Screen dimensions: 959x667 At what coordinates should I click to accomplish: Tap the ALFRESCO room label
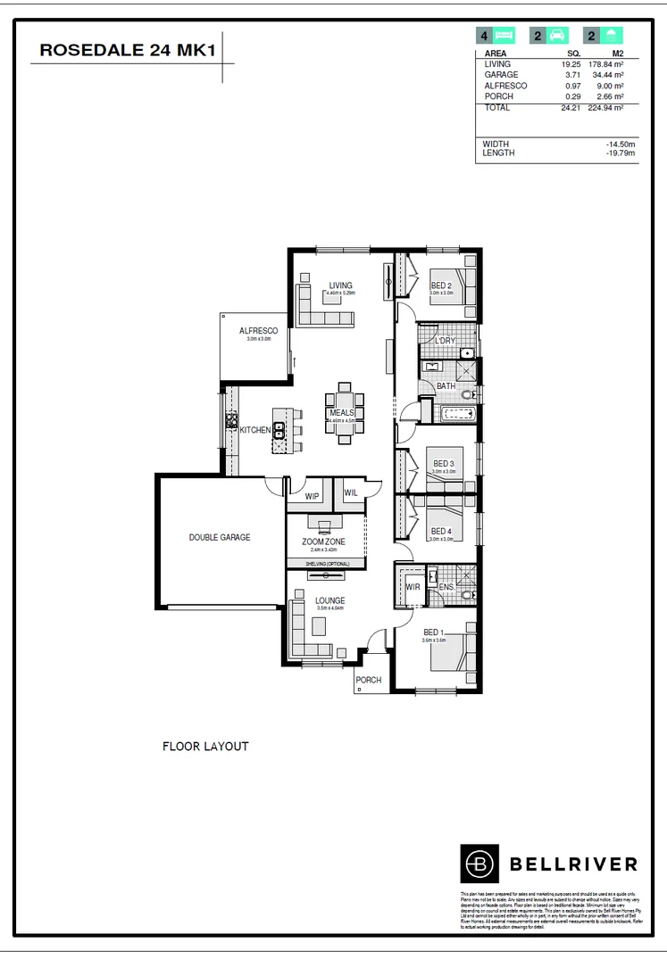258,331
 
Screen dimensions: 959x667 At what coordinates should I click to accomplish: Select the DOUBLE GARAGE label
219,537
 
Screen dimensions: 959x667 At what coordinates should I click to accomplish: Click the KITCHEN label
255,430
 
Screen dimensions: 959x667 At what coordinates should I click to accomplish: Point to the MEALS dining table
344,413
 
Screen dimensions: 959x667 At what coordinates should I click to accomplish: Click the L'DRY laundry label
446,341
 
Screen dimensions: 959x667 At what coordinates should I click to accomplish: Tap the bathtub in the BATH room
455,413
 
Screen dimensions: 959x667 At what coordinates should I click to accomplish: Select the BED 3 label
444,464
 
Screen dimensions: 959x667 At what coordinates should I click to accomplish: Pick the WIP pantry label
312,495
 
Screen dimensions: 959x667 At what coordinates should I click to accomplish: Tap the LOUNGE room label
329,600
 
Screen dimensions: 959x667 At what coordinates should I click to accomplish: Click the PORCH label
369,680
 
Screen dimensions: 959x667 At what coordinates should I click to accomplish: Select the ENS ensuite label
446,586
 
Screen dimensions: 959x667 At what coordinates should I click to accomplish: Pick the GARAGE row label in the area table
500,75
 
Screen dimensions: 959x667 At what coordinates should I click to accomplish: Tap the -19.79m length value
620,153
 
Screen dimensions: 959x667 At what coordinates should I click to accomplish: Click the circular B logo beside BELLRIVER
479,863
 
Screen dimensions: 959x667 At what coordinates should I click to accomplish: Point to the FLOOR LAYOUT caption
204,746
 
